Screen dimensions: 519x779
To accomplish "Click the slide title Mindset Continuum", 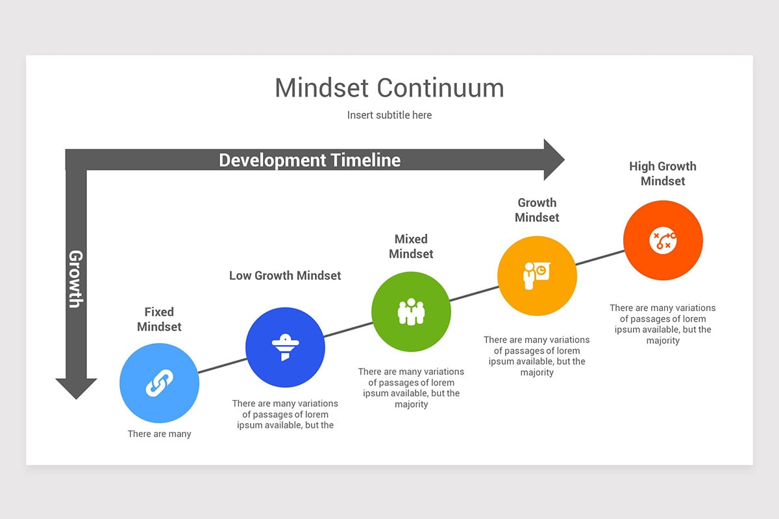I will tap(389, 88).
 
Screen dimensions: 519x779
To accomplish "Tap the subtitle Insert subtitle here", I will tap(389, 115).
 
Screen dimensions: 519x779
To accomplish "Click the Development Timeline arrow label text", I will tap(310, 160).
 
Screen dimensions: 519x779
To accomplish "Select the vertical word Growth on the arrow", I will tap(76, 278).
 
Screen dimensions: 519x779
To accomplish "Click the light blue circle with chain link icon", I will tap(159, 383).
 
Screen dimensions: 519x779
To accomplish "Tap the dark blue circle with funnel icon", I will tap(285, 347).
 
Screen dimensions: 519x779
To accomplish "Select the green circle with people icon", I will tap(411, 311).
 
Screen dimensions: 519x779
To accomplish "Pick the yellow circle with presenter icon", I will tap(537, 276).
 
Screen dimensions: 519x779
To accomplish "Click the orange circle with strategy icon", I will tap(663, 240).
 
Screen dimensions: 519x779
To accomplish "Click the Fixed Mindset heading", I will tap(159, 319).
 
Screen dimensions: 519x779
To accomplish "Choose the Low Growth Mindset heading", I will tap(285, 276).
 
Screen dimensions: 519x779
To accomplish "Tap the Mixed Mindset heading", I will tap(411, 247).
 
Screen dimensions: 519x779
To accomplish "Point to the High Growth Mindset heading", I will tap(663, 174).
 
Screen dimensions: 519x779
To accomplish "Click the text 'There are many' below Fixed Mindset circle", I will tap(159, 434).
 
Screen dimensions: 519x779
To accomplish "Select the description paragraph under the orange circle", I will tap(663, 324).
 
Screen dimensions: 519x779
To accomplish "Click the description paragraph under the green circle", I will tap(411, 388).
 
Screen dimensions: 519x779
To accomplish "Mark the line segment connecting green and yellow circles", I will tap(474, 294).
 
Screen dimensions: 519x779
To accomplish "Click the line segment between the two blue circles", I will tap(222, 365).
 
